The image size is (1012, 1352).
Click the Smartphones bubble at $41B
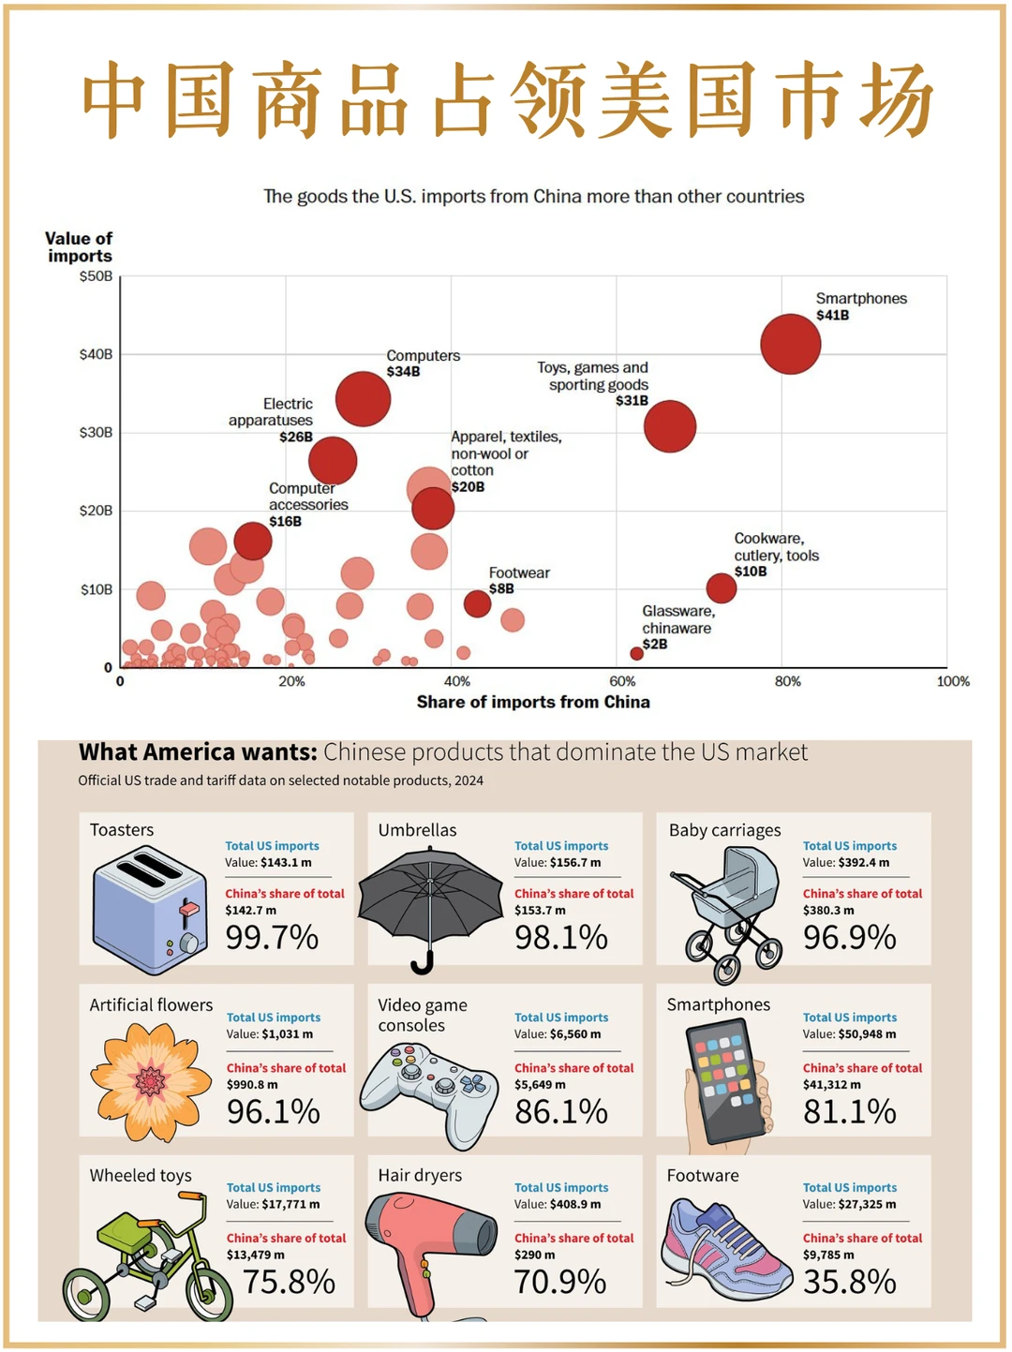(x=790, y=344)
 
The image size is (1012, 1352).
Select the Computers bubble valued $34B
(x=363, y=398)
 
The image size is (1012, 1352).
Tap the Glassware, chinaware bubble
(x=637, y=653)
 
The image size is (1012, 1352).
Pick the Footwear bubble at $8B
(x=478, y=603)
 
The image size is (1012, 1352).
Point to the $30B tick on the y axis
(x=96, y=433)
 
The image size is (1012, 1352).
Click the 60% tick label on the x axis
(x=622, y=681)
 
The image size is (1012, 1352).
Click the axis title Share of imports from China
(x=533, y=702)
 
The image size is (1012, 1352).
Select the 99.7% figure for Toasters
(x=272, y=937)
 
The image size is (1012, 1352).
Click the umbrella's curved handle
(x=423, y=962)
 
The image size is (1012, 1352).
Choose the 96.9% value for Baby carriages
(x=849, y=937)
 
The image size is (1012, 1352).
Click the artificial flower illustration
(x=150, y=1081)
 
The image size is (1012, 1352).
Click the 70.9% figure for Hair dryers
(x=560, y=1282)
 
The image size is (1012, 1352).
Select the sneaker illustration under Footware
(x=727, y=1247)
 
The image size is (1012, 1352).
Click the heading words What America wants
(x=198, y=752)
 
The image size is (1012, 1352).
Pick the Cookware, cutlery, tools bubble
(x=722, y=588)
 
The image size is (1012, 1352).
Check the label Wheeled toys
(x=141, y=1176)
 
